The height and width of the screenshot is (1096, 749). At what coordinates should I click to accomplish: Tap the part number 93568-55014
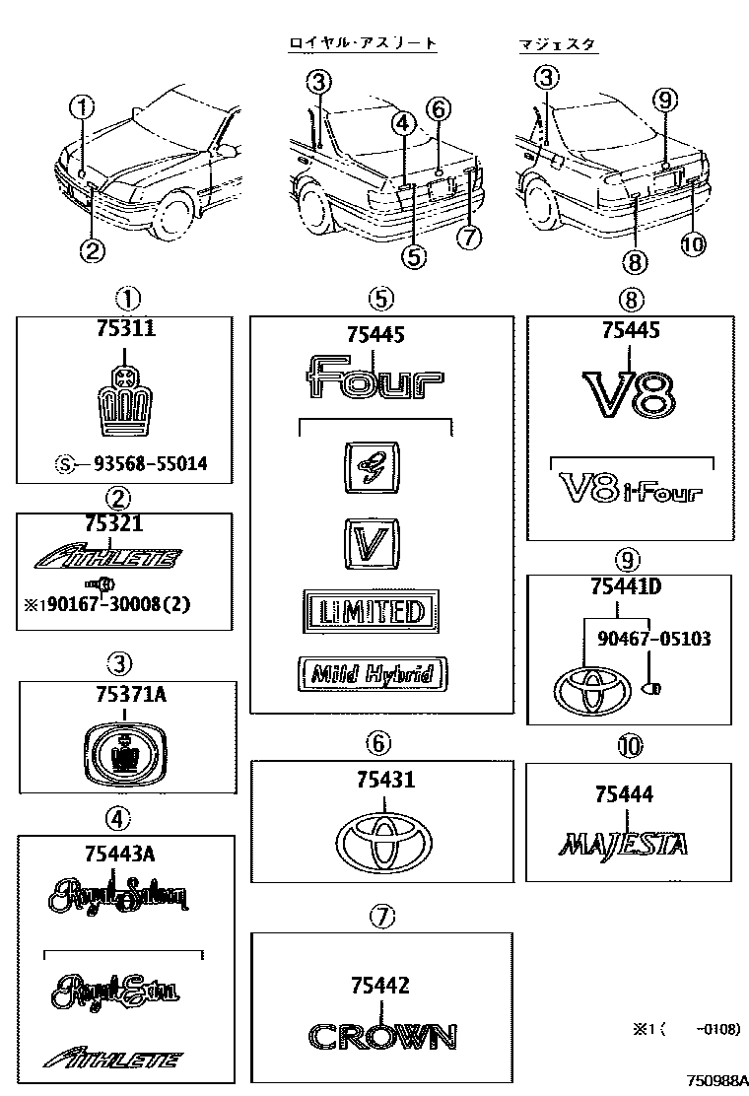pyautogui.click(x=150, y=464)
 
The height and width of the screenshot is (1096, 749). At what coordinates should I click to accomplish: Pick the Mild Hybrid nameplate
pyautogui.click(x=373, y=674)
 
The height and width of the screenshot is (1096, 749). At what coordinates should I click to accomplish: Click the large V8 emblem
pyautogui.click(x=628, y=395)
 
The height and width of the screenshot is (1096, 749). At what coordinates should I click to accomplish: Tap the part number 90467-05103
pyautogui.click(x=653, y=639)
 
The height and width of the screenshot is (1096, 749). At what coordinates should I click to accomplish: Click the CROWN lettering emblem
pyautogui.click(x=381, y=1036)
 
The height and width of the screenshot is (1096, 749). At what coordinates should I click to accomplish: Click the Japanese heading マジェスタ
pyautogui.click(x=558, y=44)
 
